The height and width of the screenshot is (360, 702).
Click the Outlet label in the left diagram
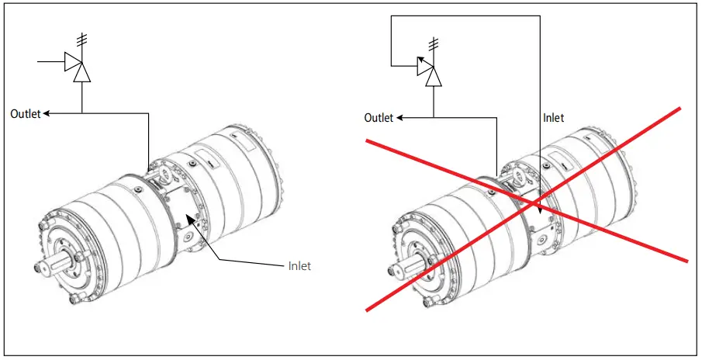[x=26, y=114]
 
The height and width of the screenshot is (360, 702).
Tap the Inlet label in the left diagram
[x=299, y=266]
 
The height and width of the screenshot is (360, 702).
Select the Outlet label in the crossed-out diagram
[x=379, y=118]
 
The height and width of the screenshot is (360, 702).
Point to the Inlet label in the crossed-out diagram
[x=553, y=118]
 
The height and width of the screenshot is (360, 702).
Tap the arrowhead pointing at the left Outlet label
[x=47, y=114]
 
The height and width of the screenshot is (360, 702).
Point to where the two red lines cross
[x=537, y=204]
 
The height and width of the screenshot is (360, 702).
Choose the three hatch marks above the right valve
[x=434, y=42]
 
